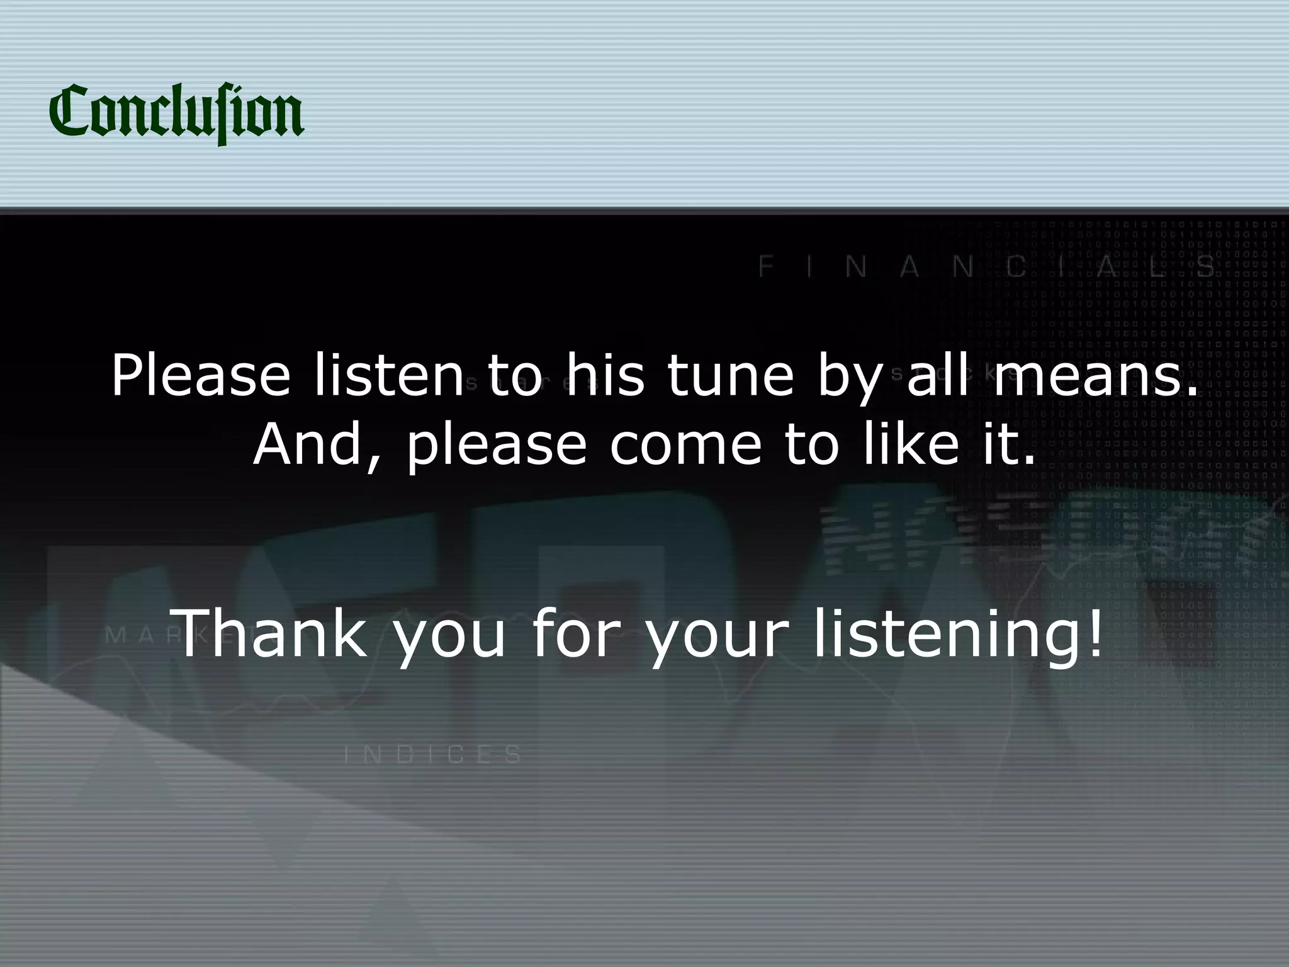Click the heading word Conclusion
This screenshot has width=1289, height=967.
point(176,113)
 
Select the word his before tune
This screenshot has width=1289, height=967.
point(605,376)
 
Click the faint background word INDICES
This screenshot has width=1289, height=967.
point(433,754)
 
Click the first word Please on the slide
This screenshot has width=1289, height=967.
point(201,376)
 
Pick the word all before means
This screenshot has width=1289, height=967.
point(937,376)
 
